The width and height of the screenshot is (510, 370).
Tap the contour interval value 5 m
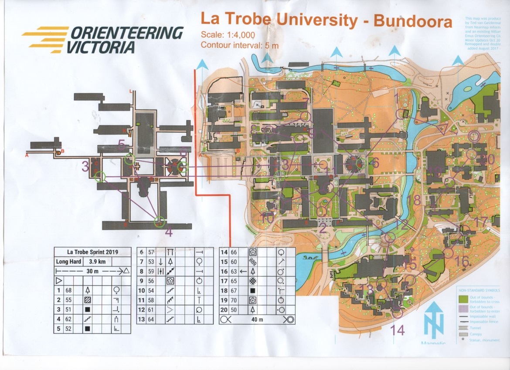coord(270,45)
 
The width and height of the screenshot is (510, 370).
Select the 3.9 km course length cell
coord(96,262)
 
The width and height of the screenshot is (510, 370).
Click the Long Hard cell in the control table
coord(68,262)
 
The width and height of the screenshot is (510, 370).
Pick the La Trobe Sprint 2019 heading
coord(92,252)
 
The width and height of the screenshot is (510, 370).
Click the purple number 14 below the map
coord(398,330)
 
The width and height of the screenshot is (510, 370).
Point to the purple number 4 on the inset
coord(169,232)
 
